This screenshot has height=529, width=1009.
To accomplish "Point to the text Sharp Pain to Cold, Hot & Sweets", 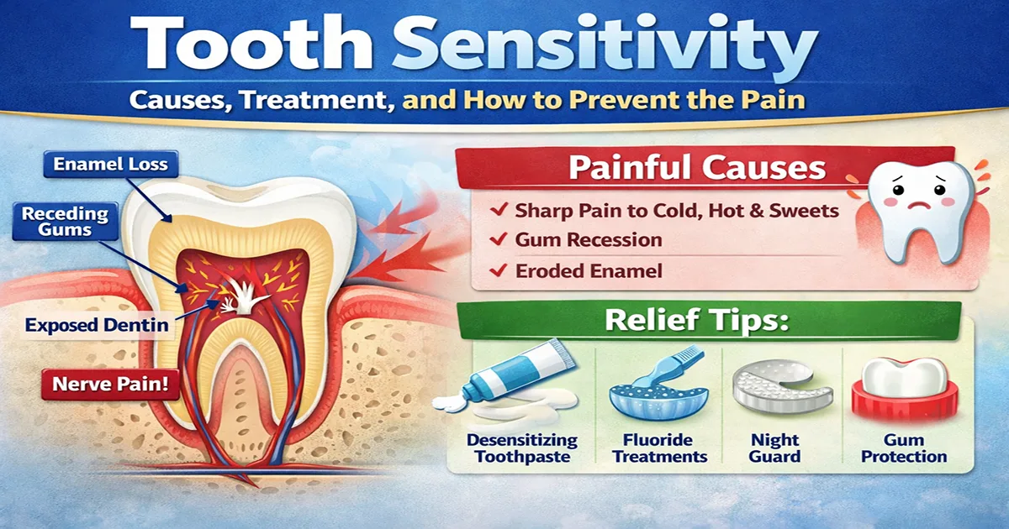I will point(677,210).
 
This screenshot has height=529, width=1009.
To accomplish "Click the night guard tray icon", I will point(781,388).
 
